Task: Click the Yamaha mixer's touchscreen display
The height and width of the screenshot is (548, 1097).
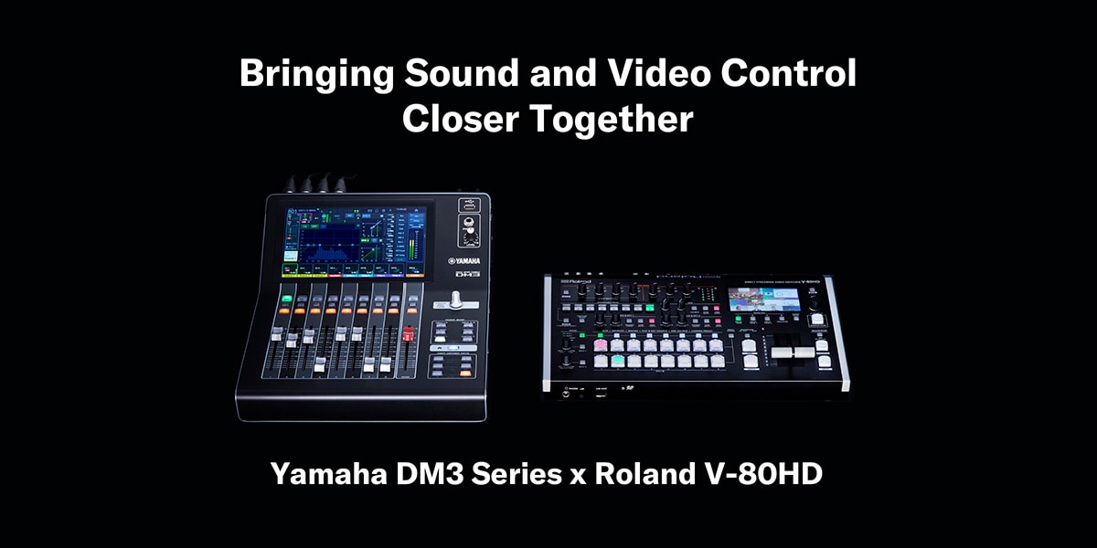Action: point(356,238)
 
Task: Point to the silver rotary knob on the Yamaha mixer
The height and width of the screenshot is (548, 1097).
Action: point(453,300)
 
